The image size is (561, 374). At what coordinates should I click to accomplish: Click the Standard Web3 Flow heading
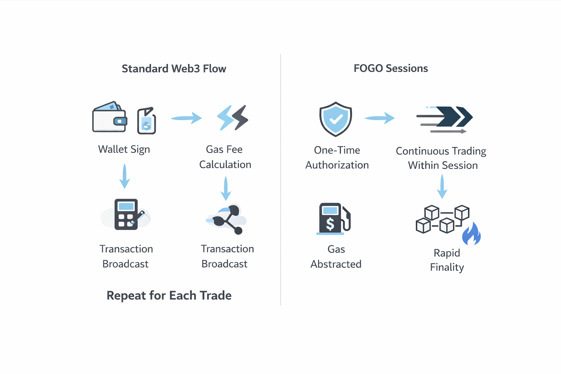pyautogui.click(x=174, y=69)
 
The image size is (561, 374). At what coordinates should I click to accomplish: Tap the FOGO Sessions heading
pyautogui.click(x=390, y=68)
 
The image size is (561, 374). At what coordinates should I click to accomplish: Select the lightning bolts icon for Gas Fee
pyautogui.click(x=233, y=118)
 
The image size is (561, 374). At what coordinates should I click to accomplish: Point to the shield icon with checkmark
pyautogui.click(x=336, y=119)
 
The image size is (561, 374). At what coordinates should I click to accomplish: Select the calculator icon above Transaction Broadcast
pyautogui.click(x=126, y=214)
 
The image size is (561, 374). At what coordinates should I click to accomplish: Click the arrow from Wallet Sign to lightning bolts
pyautogui.click(x=186, y=118)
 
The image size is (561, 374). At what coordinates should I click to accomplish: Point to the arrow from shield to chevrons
pyautogui.click(x=380, y=118)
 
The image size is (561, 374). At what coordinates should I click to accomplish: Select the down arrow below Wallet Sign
pyautogui.click(x=125, y=176)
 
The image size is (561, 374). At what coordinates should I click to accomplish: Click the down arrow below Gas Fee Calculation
pyautogui.click(x=226, y=188)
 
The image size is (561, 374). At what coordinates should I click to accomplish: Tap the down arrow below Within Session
pyautogui.click(x=442, y=186)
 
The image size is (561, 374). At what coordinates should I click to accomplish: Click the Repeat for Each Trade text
pyautogui.click(x=169, y=295)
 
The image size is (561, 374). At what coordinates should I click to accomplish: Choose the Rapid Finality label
pyautogui.click(x=447, y=260)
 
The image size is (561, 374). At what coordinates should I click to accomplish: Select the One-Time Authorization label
pyautogui.click(x=337, y=157)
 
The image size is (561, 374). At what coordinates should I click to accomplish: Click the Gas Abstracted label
pyautogui.click(x=336, y=256)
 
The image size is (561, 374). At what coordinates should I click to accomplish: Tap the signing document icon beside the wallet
pyautogui.click(x=146, y=121)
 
